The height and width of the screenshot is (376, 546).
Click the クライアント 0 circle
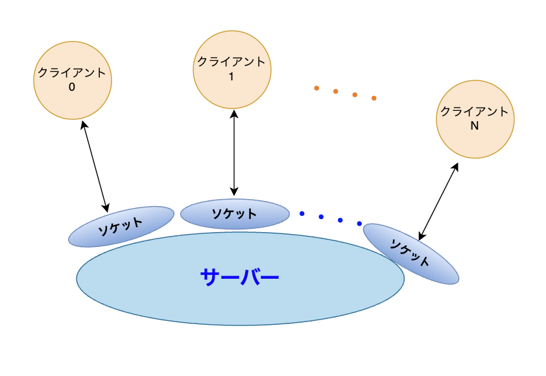(73, 80)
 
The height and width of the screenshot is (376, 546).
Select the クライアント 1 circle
(232, 69)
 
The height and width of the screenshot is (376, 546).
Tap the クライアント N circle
(475, 119)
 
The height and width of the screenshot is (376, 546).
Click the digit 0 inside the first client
(72, 87)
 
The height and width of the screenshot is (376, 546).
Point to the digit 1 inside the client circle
(231, 76)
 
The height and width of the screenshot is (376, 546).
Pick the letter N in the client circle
(474, 126)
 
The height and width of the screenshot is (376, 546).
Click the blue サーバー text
(239, 277)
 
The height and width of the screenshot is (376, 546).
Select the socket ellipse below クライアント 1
(235, 214)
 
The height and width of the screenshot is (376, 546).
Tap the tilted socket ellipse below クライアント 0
(121, 227)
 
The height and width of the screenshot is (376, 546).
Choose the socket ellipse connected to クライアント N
(411, 254)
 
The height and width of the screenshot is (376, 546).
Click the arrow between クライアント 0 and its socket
(95, 166)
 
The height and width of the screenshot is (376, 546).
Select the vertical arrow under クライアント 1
(234, 152)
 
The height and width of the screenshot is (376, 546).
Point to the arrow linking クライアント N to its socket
(438, 202)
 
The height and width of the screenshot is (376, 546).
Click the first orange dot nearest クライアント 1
(316, 88)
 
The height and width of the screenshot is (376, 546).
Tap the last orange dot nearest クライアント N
(374, 98)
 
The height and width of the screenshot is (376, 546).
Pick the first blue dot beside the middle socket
(302, 213)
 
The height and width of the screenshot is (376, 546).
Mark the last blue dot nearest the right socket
(359, 224)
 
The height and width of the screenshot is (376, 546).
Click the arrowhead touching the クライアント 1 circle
(234, 114)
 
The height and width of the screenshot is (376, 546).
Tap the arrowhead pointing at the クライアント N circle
(455, 167)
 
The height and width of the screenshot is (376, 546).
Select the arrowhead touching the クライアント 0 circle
(84, 124)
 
